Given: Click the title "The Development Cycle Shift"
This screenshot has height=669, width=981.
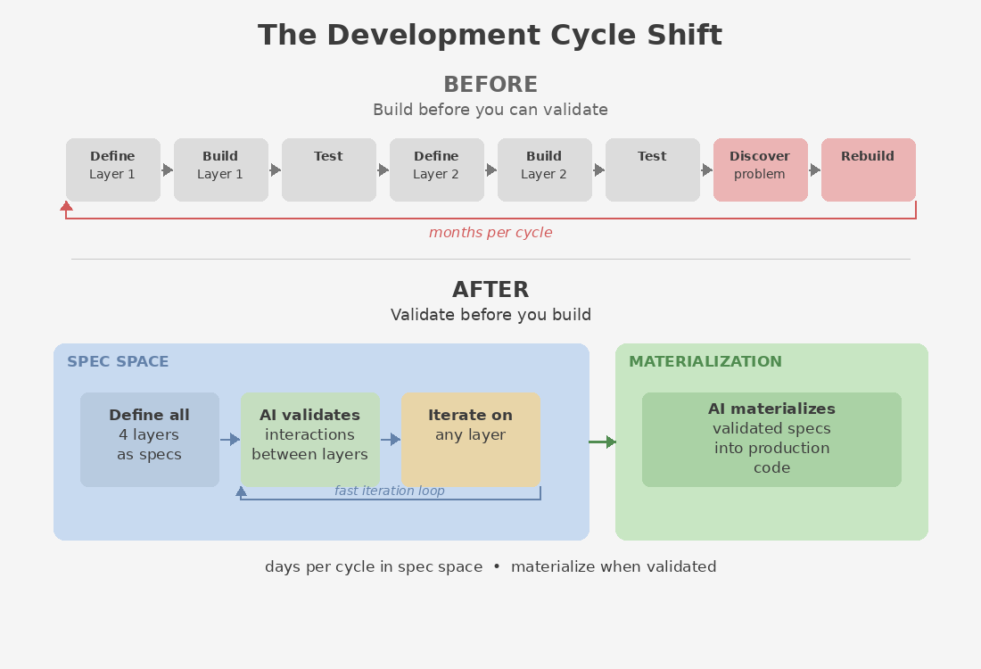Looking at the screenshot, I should (490, 36).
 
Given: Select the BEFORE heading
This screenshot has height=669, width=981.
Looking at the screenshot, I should (490, 85).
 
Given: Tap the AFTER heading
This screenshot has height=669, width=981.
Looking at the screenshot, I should (490, 290).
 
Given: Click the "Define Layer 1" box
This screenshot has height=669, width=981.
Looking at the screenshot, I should (113, 169).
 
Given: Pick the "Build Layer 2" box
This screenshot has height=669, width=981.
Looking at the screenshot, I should (544, 169).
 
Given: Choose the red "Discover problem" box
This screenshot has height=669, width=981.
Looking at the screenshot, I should (760, 169).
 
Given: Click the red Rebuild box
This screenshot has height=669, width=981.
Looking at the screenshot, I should (868, 169).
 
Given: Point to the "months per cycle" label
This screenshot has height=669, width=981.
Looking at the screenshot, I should (490, 233).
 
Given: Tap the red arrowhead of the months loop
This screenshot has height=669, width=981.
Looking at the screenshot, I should (66, 206).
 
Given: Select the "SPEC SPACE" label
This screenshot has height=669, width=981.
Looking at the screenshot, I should (118, 362).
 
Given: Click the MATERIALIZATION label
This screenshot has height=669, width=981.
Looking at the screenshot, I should (705, 362).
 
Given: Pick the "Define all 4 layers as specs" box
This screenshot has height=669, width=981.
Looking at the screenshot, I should (150, 440).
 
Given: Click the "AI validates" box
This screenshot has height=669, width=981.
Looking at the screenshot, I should (309, 440).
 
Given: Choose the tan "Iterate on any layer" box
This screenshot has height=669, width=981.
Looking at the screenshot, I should (470, 440).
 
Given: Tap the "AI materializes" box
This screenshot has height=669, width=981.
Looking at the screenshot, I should (771, 440).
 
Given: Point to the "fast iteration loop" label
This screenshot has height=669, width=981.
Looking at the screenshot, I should (389, 491).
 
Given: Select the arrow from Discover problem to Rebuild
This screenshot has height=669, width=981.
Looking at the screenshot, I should (814, 169).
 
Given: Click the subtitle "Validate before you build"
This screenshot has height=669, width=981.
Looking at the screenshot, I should (490, 315).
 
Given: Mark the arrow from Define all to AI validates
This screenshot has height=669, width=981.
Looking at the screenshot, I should (230, 439).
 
